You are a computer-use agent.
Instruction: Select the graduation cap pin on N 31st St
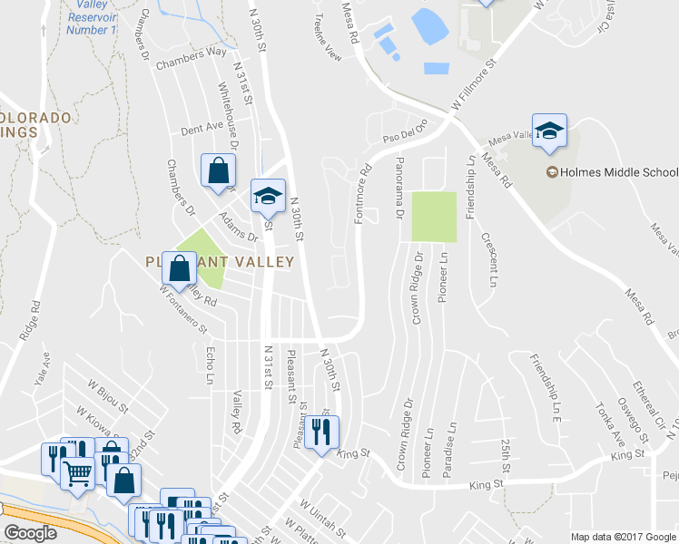(x=268, y=195)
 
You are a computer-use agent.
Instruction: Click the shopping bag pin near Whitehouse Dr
(x=218, y=170)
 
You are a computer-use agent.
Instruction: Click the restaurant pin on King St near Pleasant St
(x=320, y=433)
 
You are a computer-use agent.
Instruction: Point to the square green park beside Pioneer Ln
(x=433, y=217)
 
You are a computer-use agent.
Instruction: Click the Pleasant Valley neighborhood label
(x=221, y=261)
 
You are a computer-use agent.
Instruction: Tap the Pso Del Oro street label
(x=404, y=137)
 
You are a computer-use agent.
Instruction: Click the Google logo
(x=30, y=533)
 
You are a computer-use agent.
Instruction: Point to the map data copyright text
(x=623, y=537)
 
